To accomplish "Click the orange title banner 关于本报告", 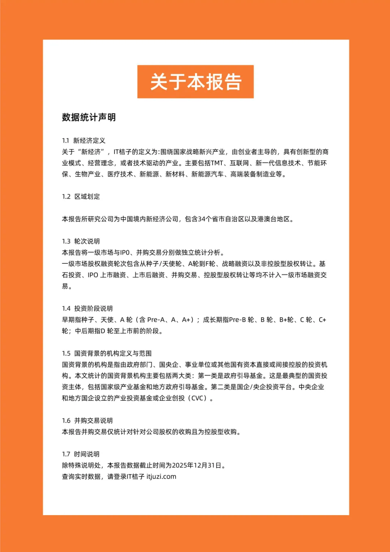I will coord(195,82).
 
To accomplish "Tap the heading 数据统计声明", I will coord(89,117).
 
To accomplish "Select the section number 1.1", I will coord(65,141).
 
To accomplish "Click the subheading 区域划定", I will coord(87,197).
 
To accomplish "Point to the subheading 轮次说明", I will coord(87,241).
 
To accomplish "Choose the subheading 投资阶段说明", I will coord(94,309).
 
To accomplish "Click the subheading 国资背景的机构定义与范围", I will coord(113,353).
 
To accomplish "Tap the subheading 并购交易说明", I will coord(94,421).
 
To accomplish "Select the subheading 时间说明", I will coord(87,454).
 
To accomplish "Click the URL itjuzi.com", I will coord(161,476).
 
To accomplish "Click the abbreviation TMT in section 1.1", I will coord(217,163).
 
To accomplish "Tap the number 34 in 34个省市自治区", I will coord(201,219).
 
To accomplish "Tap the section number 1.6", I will coord(66,421).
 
